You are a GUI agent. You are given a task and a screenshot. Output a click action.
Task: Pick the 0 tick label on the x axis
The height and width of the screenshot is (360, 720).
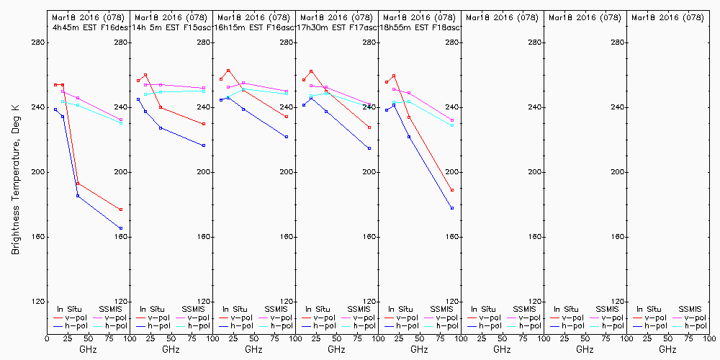click(47, 338)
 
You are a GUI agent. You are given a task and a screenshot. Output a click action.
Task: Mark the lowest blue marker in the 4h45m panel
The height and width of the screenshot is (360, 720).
click(121, 228)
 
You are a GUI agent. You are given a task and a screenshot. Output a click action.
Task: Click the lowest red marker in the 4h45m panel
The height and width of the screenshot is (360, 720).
click(121, 210)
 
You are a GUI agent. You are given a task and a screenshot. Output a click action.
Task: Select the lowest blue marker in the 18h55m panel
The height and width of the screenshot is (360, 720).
click(452, 208)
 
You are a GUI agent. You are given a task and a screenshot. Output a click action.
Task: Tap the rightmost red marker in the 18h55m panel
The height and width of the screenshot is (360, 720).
click(452, 190)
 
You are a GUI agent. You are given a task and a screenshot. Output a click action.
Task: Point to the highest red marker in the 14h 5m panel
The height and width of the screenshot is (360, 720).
click(145, 75)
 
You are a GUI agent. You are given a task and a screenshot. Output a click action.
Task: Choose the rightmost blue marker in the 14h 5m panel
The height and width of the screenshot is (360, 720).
click(204, 145)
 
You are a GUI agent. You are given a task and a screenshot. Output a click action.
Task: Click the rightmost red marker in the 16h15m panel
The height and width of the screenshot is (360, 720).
click(287, 117)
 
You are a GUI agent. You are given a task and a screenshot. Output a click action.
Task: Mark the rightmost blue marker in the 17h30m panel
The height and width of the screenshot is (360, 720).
click(369, 148)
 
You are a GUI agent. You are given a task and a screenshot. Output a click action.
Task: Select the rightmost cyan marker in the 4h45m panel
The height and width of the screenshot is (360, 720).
click(121, 123)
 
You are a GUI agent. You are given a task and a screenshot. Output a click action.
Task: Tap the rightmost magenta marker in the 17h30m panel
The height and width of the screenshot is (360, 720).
click(369, 105)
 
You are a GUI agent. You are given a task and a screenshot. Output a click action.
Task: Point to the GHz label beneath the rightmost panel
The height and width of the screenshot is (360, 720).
click(667, 349)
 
